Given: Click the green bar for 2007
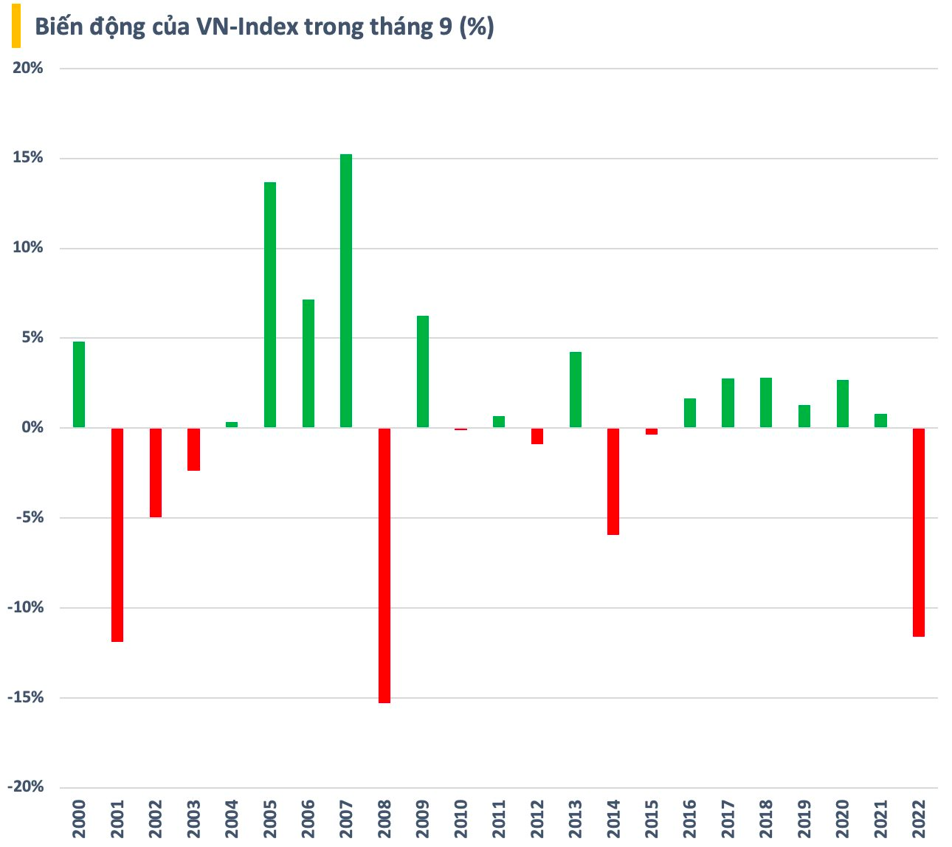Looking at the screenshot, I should tap(346, 291).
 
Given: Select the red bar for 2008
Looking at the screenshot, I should tap(384, 565).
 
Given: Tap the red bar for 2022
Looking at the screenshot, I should tap(919, 532).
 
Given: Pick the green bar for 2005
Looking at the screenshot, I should tap(270, 305).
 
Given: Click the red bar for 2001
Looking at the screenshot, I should tap(117, 535).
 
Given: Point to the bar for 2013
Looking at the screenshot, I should tap(576, 390).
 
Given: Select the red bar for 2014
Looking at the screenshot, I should tap(613, 481).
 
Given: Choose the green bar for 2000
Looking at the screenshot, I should tap(79, 384).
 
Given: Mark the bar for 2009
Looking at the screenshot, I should tap(423, 372).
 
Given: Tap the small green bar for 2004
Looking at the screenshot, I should tap(232, 424).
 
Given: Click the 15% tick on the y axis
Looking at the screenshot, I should tap(29, 158).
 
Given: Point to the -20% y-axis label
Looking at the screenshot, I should tap(26, 787).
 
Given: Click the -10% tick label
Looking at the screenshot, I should tap(26, 607).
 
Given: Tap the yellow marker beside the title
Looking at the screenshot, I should tap(15, 28).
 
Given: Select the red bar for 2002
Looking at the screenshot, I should tap(156, 472).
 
